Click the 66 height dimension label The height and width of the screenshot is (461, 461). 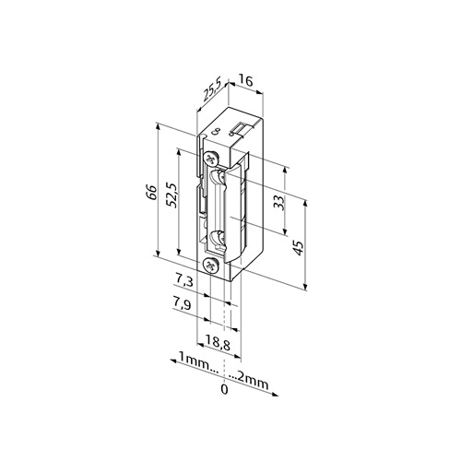click(x=151, y=193)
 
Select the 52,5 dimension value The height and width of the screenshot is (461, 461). click(x=171, y=195)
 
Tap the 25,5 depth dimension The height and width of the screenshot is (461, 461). click(x=212, y=91)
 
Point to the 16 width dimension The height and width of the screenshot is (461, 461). click(x=246, y=81)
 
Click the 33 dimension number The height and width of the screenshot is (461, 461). click(x=279, y=202)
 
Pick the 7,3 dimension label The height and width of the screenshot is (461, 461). click(x=184, y=280)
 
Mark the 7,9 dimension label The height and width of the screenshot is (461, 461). click(x=182, y=304)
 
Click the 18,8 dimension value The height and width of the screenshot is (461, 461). click(x=218, y=344)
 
